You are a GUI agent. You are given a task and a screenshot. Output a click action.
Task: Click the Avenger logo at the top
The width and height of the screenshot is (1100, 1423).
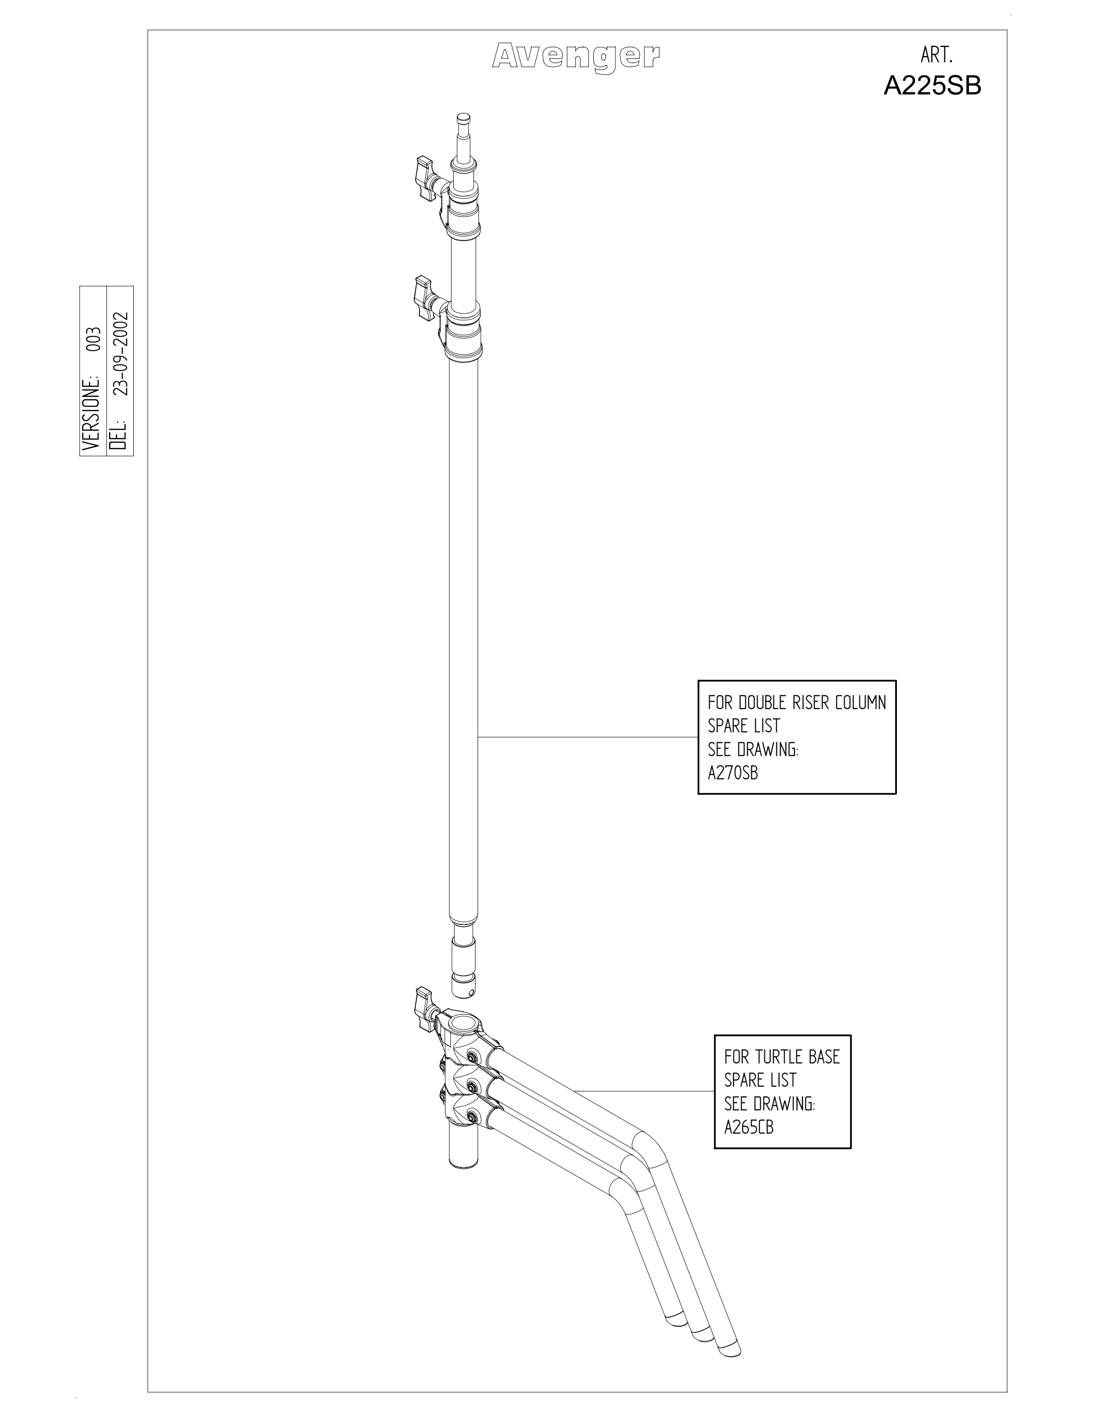pyautogui.click(x=576, y=57)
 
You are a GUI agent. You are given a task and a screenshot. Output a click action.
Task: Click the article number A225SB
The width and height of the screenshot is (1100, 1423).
pyautogui.click(x=932, y=86)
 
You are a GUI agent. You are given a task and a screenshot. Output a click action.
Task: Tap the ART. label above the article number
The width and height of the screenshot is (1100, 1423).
pyautogui.click(x=937, y=56)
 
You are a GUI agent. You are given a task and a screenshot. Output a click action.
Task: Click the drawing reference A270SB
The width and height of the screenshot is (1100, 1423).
pyautogui.click(x=733, y=773)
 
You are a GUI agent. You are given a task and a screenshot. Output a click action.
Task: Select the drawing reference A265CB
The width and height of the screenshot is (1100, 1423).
pyautogui.click(x=749, y=1127)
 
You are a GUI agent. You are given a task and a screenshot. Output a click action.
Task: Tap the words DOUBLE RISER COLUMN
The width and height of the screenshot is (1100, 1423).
pyautogui.click(x=812, y=702)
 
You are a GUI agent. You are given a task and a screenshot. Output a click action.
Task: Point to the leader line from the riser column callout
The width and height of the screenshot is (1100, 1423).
pyautogui.click(x=588, y=737)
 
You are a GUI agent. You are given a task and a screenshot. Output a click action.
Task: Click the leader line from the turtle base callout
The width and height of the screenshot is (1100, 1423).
pyautogui.click(x=644, y=1090)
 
